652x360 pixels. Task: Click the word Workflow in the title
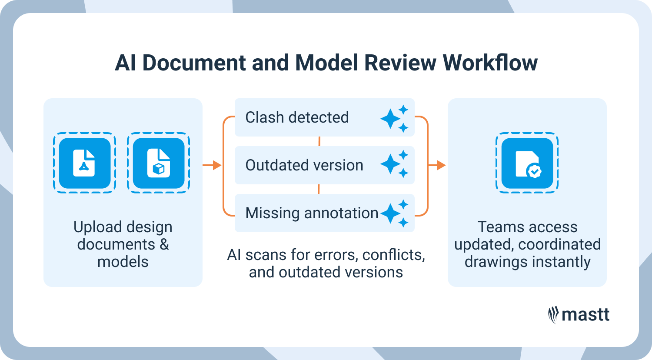coord(490,63)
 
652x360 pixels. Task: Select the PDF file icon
coord(85,163)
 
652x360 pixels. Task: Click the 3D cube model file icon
coord(159,163)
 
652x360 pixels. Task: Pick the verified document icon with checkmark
coord(527,163)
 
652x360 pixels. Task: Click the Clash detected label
coord(297,117)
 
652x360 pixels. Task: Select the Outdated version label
coord(304,165)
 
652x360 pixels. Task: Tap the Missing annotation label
coord(312,213)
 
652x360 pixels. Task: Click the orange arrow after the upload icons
coord(212,165)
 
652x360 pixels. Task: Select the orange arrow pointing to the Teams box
coord(437,165)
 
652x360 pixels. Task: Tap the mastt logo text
coord(585,315)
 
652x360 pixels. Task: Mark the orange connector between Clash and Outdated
coord(319,141)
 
